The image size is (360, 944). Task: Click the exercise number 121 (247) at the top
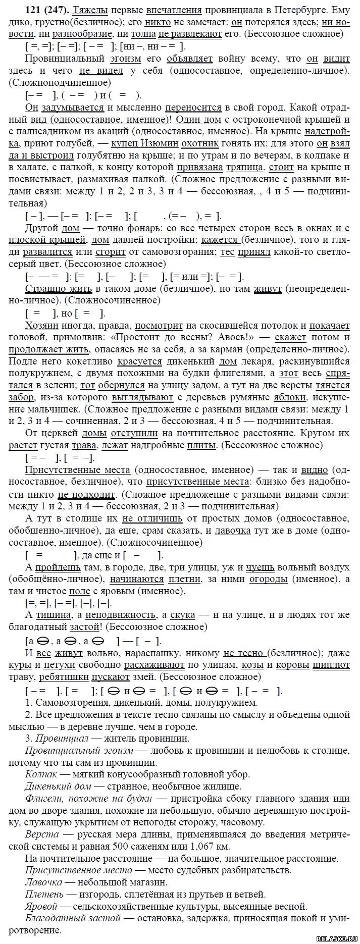pos(32,10)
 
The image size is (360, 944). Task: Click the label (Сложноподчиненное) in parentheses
pos(59,82)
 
